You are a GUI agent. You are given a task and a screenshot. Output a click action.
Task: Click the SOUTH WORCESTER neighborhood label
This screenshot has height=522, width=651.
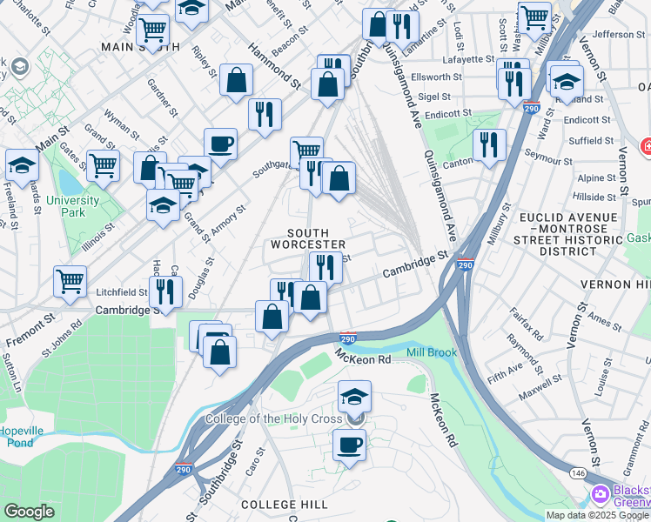click(x=308, y=238)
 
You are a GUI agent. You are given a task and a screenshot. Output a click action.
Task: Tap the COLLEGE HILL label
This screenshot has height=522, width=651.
click(x=284, y=505)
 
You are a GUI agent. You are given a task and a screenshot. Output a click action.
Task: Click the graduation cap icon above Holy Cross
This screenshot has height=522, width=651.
click(x=353, y=397)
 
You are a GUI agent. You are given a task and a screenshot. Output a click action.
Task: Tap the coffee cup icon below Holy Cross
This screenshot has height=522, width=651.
click(x=350, y=444)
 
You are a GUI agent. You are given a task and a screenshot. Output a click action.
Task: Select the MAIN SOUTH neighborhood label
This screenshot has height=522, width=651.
click(x=140, y=47)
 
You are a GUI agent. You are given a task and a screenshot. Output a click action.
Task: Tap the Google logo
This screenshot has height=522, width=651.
click(x=29, y=512)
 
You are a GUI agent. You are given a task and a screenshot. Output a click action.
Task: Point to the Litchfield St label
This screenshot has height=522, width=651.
click(x=122, y=292)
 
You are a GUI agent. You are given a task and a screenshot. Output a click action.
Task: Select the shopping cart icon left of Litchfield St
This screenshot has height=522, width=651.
click(x=70, y=280)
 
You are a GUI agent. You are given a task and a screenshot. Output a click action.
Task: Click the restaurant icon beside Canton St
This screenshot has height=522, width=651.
click(x=490, y=144)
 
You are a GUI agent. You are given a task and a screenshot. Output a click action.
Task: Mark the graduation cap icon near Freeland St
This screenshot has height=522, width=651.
click(x=22, y=164)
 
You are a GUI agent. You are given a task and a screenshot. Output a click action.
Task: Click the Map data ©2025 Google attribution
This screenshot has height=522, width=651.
click(x=597, y=515)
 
